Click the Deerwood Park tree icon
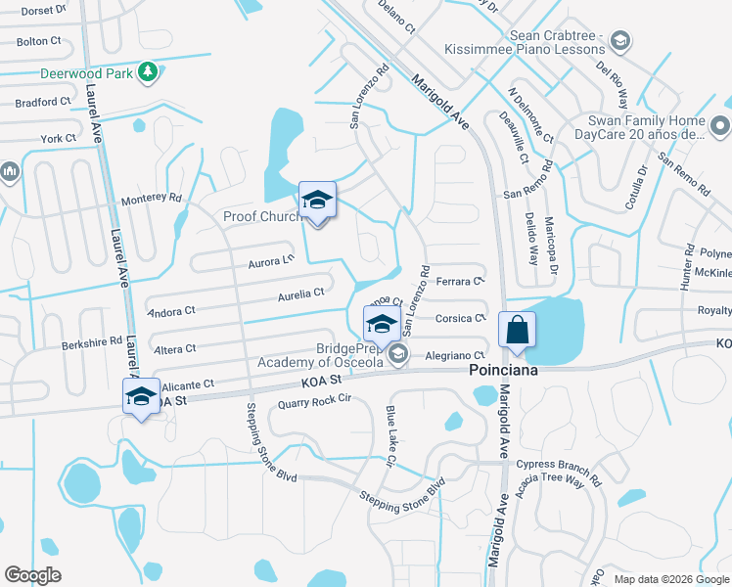[x=148, y=71]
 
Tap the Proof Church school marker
[x=317, y=202]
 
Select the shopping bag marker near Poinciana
[x=518, y=332]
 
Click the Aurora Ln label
[x=271, y=261]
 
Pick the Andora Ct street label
[x=171, y=313]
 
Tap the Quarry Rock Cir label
[x=314, y=401]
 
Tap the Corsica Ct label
[x=460, y=318]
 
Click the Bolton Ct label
[x=39, y=41]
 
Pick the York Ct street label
[x=59, y=138]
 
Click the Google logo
[x=32, y=575]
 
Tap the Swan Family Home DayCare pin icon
[x=719, y=125]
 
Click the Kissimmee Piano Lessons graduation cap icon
[x=618, y=40]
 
